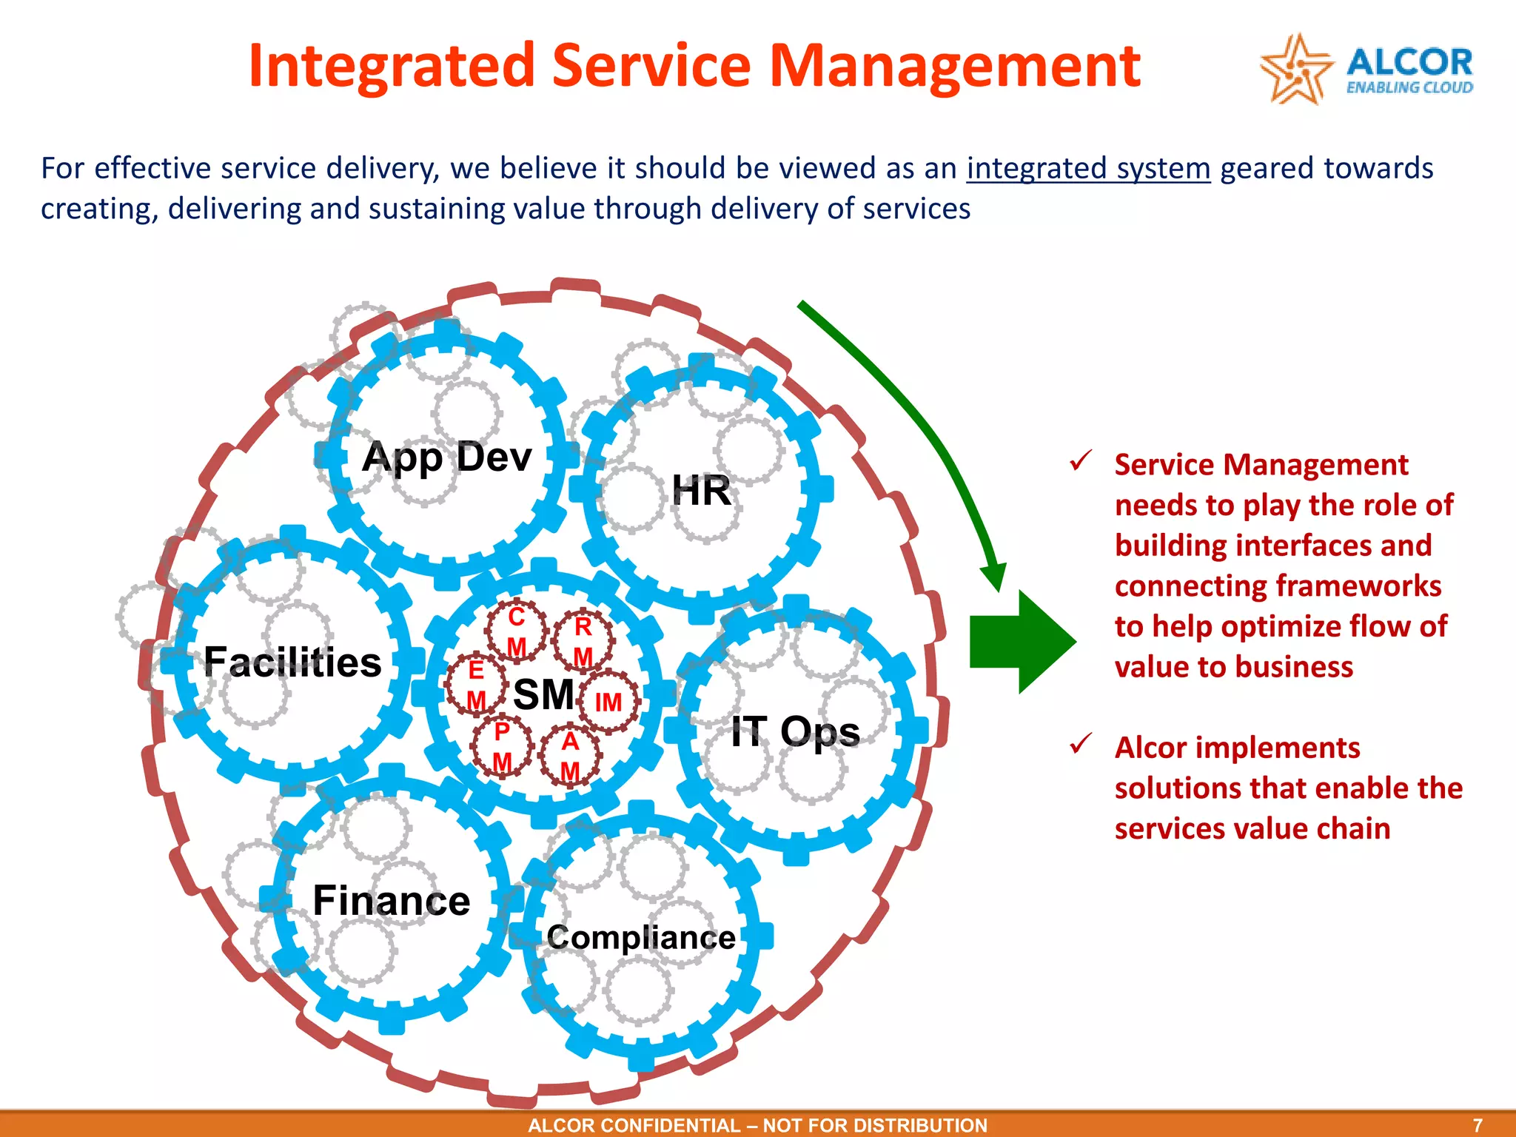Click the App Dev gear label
[x=447, y=457]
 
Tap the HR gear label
[x=700, y=491]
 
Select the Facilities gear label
[x=292, y=662]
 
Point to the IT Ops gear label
[x=795, y=732]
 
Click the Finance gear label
[x=391, y=901]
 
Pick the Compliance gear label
[x=641, y=938]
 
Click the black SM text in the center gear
[x=543, y=694]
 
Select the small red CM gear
[x=516, y=631]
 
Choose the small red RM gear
[x=583, y=640]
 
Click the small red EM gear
[x=476, y=684]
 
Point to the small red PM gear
[x=502, y=745]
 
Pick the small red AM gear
[x=569, y=755]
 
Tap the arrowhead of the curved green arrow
[x=994, y=576]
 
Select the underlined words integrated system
[x=1088, y=169]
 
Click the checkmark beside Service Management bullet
[x=1081, y=461]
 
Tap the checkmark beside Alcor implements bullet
[x=1081, y=743]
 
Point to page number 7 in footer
[x=1478, y=1125]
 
